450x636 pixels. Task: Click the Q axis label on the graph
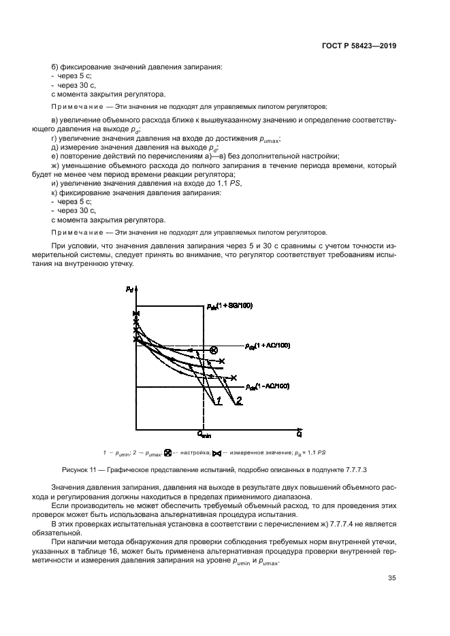tap(300, 433)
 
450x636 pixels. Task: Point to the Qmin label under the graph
tap(205, 434)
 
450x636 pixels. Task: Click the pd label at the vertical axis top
tap(129, 290)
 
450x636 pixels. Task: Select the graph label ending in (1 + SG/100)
tap(229, 306)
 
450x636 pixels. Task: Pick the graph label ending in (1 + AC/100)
tap(267, 346)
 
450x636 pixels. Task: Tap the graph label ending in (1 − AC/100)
tap(267, 386)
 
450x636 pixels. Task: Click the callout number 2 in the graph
tap(239, 403)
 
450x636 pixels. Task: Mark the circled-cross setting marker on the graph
tap(213, 350)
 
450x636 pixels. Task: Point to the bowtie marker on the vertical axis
tap(137, 313)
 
